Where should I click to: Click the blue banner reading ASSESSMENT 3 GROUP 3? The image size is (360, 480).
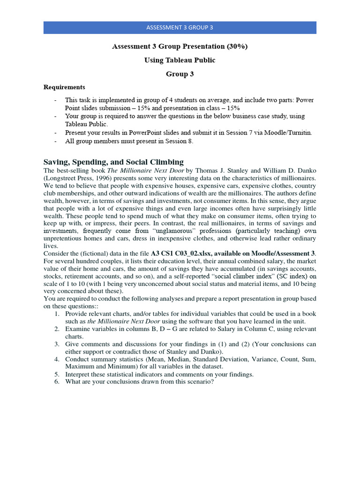point(180,27)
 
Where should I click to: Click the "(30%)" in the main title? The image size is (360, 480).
point(237,47)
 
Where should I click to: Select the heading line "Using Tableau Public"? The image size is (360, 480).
point(180,60)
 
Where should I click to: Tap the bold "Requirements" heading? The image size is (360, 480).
point(65,87)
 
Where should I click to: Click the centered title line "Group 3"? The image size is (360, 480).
point(180,74)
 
